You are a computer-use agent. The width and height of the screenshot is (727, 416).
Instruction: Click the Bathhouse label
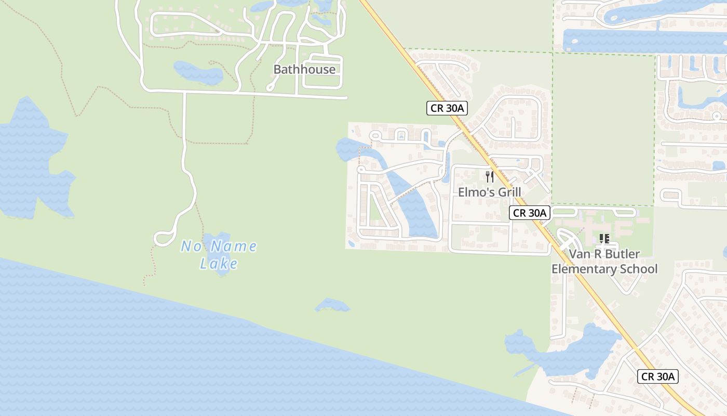click(304, 69)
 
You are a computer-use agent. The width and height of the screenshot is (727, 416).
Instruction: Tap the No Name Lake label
click(219, 254)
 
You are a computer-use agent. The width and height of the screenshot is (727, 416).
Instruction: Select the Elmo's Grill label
click(489, 192)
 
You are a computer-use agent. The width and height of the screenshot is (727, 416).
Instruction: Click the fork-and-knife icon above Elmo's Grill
click(489, 177)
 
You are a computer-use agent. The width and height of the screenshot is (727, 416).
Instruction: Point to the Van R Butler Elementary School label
click(604, 262)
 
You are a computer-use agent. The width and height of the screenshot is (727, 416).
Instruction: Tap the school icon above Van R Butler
click(604, 239)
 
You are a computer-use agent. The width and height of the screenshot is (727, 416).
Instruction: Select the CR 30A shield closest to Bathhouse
click(447, 108)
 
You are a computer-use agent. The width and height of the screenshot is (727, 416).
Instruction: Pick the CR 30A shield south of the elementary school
click(658, 376)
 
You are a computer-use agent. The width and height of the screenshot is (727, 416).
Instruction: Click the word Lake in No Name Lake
click(219, 264)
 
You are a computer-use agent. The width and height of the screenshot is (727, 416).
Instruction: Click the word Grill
click(509, 192)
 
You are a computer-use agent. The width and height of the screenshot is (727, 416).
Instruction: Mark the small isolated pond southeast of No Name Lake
click(331, 306)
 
